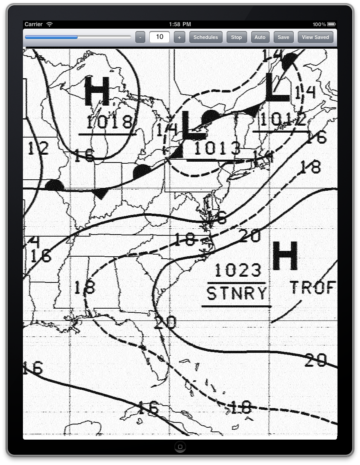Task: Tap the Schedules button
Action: (x=206, y=37)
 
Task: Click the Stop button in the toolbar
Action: (x=236, y=37)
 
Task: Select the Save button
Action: (x=283, y=37)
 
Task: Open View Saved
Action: (x=315, y=37)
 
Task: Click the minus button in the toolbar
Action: (x=140, y=37)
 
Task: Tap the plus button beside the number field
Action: (x=179, y=37)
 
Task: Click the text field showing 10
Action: (x=160, y=37)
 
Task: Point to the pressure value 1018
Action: (x=110, y=122)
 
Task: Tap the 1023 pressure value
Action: (x=238, y=270)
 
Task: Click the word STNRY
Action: (x=236, y=293)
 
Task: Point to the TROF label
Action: (x=313, y=288)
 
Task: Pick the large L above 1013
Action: (x=192, y=125)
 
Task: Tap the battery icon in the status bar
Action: (x=331, y=25)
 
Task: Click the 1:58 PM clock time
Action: (x=180, y=25)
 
